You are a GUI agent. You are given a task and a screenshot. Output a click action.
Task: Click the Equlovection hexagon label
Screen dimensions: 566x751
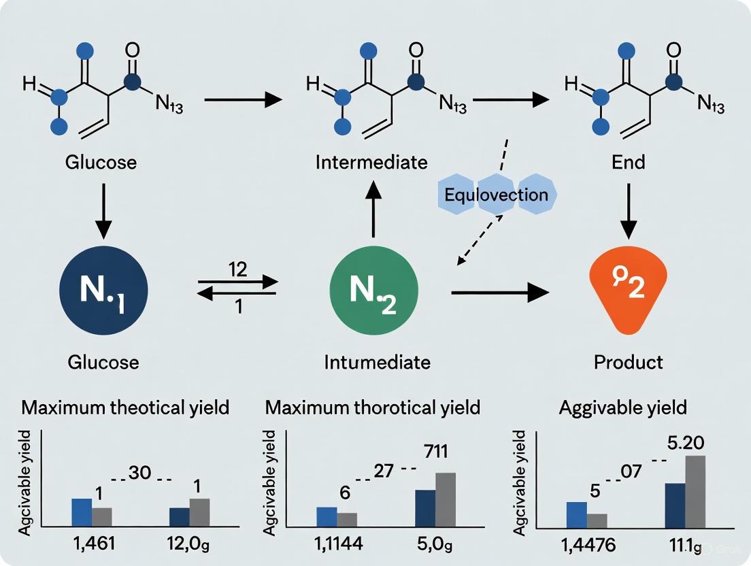click(495, 195)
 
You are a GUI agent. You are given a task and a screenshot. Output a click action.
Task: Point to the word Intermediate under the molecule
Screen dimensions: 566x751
click(371, 163)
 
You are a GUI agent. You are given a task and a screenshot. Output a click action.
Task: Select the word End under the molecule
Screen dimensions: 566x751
click(628, 163)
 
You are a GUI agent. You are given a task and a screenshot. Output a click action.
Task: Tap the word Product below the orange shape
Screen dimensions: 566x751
click(628, 361)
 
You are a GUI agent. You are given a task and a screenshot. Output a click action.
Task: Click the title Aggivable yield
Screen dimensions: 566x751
click(622, 407)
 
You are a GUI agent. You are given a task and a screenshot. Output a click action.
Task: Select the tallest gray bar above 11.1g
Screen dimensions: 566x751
click(695, 491)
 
